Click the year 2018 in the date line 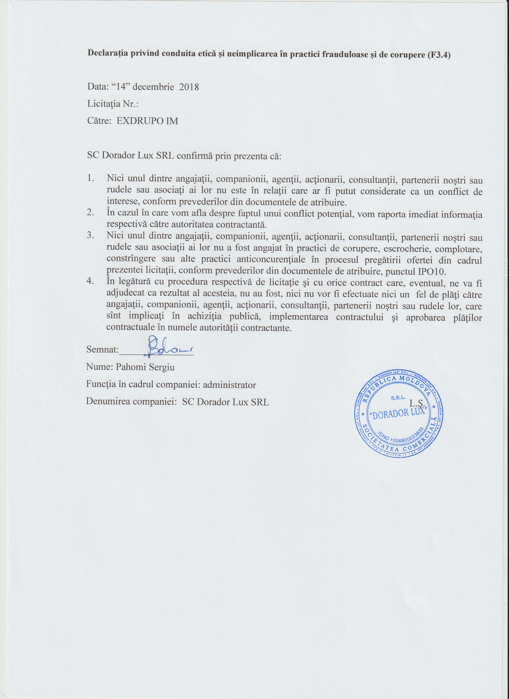(x=189, y=87)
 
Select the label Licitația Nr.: (x=113, y=104)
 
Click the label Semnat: (x=103, y=350)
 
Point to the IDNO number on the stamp (x=402, y=438)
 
